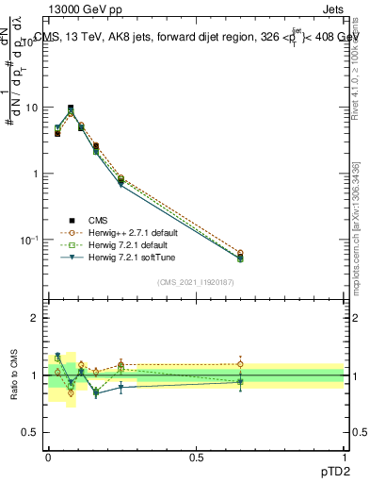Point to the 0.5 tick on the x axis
(196, 456)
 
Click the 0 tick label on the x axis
(47, 456)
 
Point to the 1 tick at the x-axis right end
(345, 456)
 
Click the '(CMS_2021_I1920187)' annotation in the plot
(196, 281)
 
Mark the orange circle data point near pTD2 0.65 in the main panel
(240, 253)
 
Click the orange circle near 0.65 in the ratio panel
(240, 364)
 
